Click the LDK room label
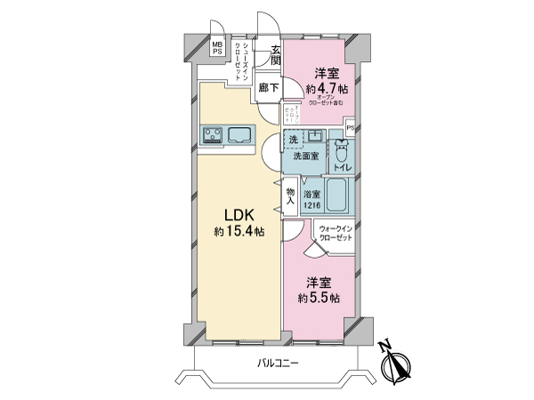tap(239, 214)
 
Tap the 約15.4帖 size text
tap(239, 232)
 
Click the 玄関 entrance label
tap(276, 55)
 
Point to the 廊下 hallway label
tap(269, 87)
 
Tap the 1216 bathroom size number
tap(311, 206)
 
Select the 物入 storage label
tap(290, 196)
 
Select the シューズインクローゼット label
tap(239, 60)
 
